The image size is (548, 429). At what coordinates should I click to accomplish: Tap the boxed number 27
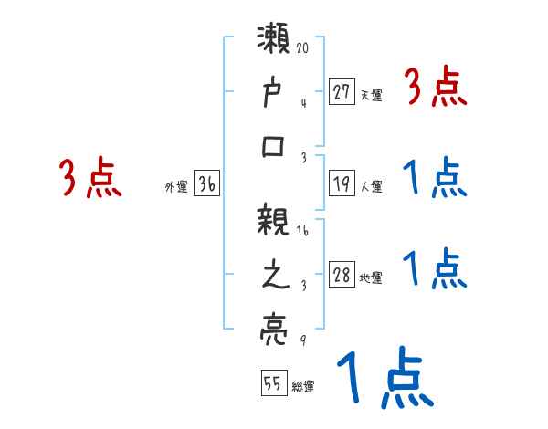click(x=342, y=91)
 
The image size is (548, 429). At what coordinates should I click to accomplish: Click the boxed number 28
click(x=342, y=276)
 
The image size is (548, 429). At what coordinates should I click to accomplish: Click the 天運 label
click(x=371, y=94)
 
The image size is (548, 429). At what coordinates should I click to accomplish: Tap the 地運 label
click(x=372, y=278)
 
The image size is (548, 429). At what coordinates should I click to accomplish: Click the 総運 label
click(x=303, y=387)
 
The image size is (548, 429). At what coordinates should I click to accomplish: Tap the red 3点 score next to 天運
click(x=434, y=89)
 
